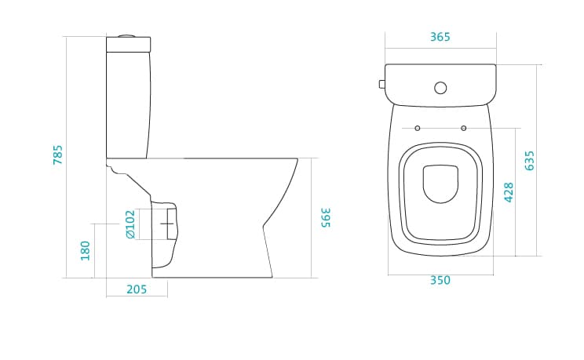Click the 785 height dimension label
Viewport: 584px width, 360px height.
(58, 155)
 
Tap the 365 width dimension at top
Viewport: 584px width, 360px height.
(440, 37)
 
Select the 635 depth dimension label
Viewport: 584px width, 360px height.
(529, 161)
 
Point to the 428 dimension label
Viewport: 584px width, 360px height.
(509, 192)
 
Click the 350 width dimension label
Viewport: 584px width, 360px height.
(440, 280)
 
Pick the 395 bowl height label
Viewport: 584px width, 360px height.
(325, 218)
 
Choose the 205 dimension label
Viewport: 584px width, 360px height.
(137, 289)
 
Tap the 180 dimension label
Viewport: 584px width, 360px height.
(86, 251)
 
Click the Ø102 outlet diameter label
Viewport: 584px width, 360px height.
(130, 224)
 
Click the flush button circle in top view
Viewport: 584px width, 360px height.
(440, 88)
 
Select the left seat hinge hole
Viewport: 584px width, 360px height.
(418, 128)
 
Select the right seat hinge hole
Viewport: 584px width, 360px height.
(464, 128)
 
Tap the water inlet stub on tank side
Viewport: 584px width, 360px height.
(382, 84)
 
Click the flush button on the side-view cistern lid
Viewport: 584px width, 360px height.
(128, 36)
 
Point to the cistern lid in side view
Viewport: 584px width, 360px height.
(129, 44)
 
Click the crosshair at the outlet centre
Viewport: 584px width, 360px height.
(167, 224)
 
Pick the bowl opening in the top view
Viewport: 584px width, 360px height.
(440, 184)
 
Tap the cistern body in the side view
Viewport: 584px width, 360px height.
(129, 105)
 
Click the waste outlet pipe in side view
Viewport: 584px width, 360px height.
(165, 235)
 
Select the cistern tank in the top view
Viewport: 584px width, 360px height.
(440, 85)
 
